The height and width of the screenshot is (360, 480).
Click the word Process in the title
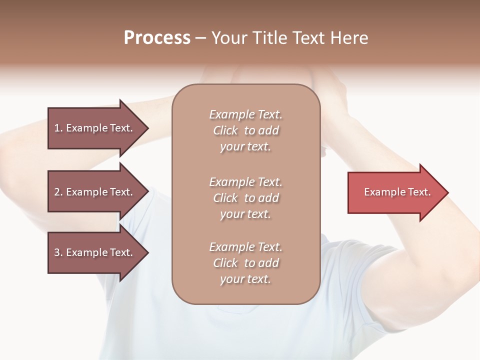[x=157, y=38]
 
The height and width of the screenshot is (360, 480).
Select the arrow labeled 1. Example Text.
[x=95, y=128]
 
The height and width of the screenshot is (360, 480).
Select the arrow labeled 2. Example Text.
[x=95, y=192]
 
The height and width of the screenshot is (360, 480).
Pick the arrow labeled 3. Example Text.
[x=95, y=252]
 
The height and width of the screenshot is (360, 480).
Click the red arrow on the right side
[x=395, y=192]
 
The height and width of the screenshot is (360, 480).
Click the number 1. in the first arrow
[x=58, y=128]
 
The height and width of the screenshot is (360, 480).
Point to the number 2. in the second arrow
[x=58, y=192]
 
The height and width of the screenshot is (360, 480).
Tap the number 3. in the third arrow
[x=58, y=252]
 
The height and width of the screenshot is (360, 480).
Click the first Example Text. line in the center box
[x=245, y=114]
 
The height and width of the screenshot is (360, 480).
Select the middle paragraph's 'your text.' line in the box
[x=245, y=214]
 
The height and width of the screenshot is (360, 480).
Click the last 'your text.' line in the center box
[x=245, y=279]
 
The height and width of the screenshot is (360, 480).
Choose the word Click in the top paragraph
[x=225, y=130]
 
